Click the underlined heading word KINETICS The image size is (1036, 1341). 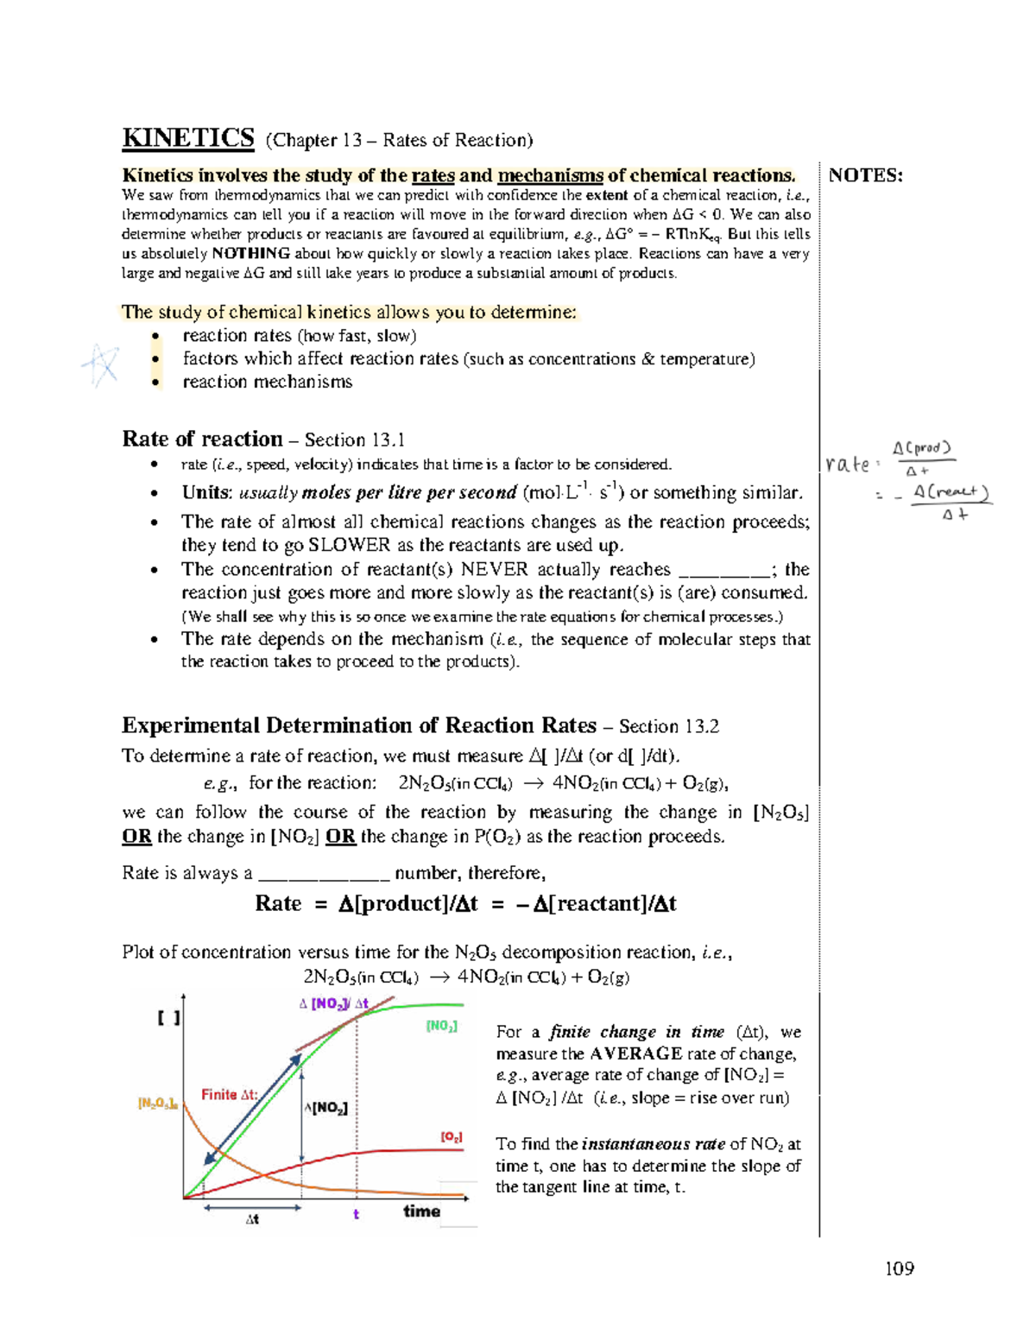click(188, 138)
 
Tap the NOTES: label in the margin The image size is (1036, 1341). click(865, 175)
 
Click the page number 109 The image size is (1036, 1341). click(899, 1268)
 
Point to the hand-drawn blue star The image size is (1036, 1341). click(102, 364)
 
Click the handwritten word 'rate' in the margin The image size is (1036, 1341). click(848, 465)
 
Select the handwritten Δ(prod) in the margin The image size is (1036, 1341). click(921, 448)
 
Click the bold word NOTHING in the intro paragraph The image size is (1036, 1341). click(250, 254)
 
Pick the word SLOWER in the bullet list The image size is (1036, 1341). click(349, 545)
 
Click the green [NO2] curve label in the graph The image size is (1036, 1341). click(441, 1026)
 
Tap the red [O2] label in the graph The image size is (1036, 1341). click(451, 1137)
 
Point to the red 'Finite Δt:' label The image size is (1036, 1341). click(229, 1094)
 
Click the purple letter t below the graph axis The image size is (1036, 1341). click(356, 1214)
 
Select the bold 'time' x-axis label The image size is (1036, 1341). click(421, 1211)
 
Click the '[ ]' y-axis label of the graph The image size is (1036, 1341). click(168, 1018)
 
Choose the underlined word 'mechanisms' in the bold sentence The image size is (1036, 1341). click(550, 175)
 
